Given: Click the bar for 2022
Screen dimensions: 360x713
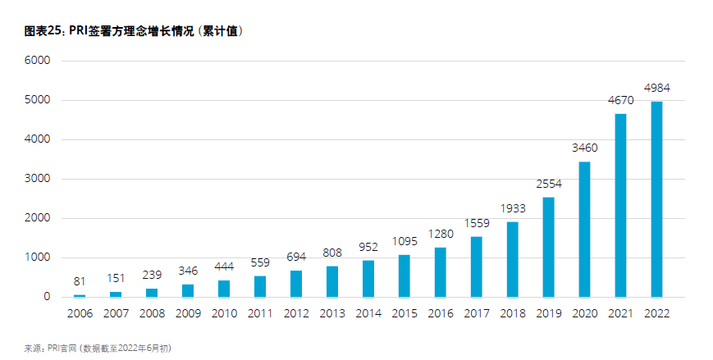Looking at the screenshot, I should point(656,199).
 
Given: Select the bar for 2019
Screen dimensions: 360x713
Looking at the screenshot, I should point(548,247).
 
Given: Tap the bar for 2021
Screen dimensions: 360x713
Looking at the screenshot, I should point(620,205).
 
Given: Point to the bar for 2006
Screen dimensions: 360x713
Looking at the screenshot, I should point(80,295).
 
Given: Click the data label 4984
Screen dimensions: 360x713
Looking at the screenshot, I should point(657,88).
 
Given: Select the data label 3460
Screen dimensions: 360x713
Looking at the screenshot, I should point(584,148).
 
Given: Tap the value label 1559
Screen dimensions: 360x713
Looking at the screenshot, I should point(476,222).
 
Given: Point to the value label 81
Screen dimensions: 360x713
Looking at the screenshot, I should point(80,281).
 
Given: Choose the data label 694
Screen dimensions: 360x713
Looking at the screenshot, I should point(296,257).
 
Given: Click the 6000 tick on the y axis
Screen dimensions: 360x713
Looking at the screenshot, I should point(38,61).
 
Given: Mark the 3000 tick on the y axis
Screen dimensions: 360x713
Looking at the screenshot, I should point(38,179).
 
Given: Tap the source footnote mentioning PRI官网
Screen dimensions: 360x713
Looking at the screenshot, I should point(98,348).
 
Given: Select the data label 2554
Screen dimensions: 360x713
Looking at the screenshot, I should point(548,185).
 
